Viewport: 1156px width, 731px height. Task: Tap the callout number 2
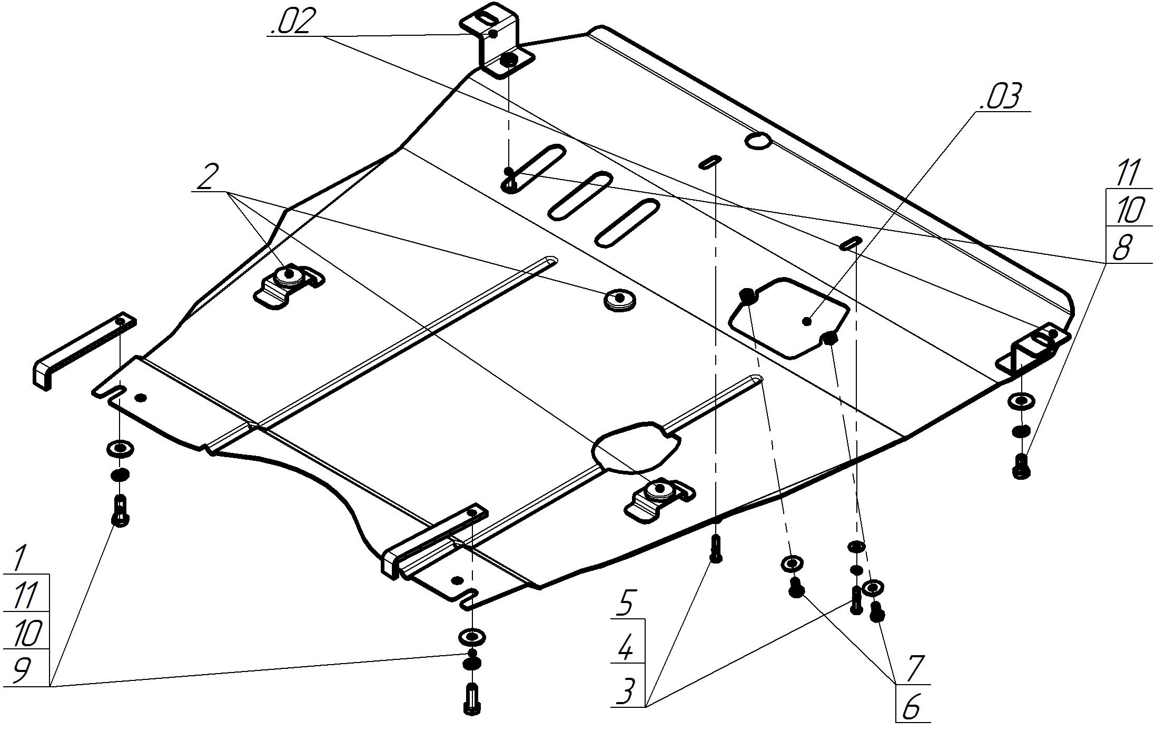[207, 176]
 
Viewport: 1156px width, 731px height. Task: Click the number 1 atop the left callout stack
[20, 558]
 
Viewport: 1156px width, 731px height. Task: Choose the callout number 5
[625, 602]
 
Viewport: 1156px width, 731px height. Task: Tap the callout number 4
[625, 648]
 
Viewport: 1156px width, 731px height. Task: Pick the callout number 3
[625, 691]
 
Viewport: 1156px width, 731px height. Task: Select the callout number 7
[915, 668]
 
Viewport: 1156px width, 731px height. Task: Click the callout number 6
[912, 707]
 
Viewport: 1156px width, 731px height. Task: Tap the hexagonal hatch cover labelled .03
[788, 318]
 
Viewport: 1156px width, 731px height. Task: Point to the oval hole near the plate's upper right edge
[758, 140]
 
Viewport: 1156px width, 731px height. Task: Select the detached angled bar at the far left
[84, 351]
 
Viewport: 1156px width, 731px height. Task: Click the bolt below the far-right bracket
[1021, 467]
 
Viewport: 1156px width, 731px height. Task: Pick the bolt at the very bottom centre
[472, 699]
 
